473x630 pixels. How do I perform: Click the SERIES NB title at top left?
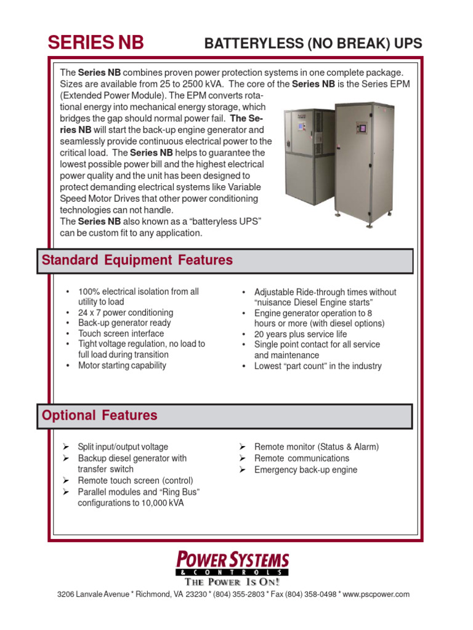[96, 42]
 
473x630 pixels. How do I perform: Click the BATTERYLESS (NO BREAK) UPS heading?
[313, 43]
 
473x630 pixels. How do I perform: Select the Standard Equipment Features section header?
[137, 260]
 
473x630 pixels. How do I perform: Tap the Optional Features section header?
[99, 415]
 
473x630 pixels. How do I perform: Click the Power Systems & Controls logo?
[232, 563]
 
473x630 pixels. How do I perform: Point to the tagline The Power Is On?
[232, 581]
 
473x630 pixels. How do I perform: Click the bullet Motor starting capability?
[122, 365]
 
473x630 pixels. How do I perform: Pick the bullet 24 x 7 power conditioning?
[126, 313]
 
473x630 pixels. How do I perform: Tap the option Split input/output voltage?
[123, 447]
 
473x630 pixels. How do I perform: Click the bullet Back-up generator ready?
[124, 323]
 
